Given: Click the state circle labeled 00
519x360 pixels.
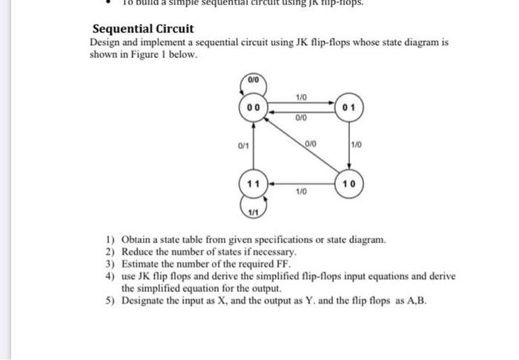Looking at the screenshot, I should pos(253,108).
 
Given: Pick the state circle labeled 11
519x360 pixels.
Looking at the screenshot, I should pos(253,183).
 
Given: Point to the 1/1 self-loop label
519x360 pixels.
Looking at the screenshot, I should pos(253,213).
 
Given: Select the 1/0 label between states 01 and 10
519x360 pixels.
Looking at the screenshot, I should pos(357,146).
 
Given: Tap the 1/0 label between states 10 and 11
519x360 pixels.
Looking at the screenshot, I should pos(300,191).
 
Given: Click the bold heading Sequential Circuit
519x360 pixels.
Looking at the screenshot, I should pos(142,29).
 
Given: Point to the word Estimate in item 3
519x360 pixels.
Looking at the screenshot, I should pos(139,264).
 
